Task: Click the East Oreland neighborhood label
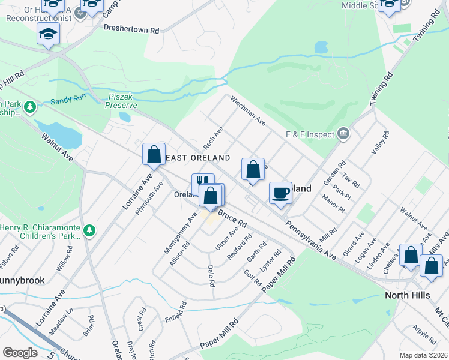pos(197,158)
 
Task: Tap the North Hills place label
pos(411,295)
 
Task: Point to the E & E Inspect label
pos(309,134)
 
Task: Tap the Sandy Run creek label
pos(68,101)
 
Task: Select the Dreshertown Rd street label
pos(131,28)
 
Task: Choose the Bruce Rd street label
pos(233,218)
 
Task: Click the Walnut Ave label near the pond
pos(57,147)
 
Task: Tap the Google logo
pos(20,353)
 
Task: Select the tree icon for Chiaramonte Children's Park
pos(89,230)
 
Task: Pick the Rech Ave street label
pos(213,137)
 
